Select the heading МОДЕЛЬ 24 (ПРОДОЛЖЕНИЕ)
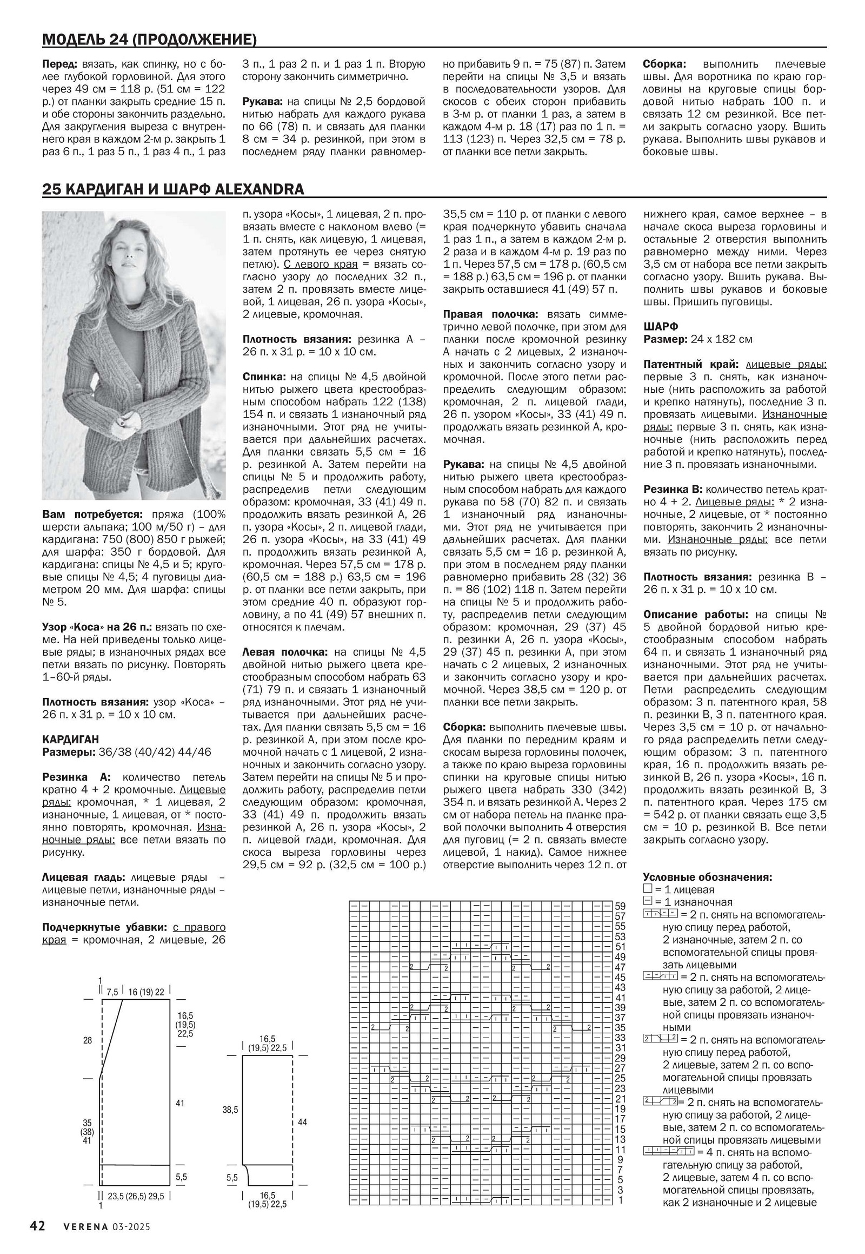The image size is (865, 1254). [x=149, y=39]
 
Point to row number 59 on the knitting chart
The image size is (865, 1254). [x=620, y=906]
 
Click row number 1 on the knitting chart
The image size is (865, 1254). [x=620, y=1200]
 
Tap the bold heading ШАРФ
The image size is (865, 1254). [x=661, y=327]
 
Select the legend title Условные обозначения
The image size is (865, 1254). [x=707, y=877]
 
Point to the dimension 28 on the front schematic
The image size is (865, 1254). [x=87, y=1040]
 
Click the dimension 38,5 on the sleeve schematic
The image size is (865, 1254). [x=230, y=1110]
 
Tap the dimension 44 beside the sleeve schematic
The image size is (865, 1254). [x=302, y=1121]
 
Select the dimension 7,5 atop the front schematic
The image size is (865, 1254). [x=112, y=992]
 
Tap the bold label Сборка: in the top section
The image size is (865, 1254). [x=664, y=64]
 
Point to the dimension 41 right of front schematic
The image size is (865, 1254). [x=180, y=1103]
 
